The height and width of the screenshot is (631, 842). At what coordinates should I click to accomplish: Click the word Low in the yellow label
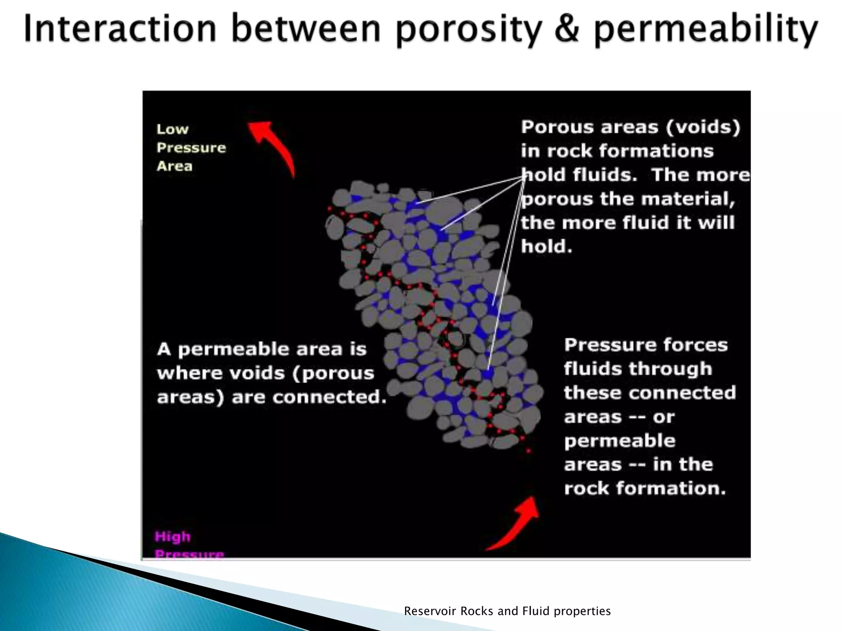pos(172,129)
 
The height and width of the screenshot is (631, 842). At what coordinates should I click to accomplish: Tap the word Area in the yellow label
pos(174,166)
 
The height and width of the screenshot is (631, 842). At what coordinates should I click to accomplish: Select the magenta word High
pos(173,537)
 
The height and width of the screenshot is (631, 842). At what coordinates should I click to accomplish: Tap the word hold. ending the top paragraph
pos(546,247)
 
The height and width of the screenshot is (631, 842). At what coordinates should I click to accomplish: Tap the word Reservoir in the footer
pos(430,611)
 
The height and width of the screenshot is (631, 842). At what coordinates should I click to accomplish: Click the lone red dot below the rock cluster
pos(529,451)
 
